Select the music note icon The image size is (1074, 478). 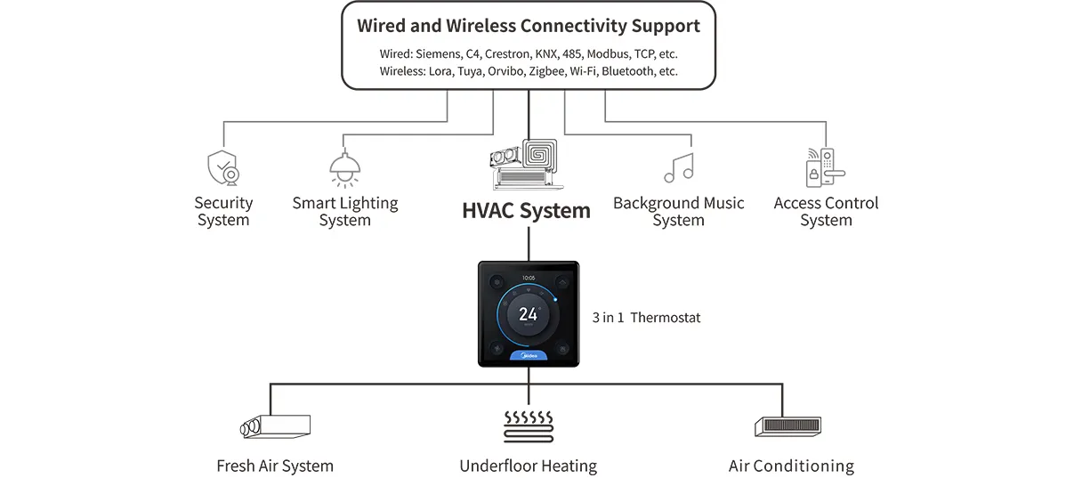tap(678, 167)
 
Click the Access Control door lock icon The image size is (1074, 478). tap(824, 167)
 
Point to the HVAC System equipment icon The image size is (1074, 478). tap(528, 164)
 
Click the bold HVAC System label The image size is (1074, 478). tap(526, 211)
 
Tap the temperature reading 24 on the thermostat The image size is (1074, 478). tap(529, 314)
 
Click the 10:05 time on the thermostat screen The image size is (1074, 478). tap(529, 277)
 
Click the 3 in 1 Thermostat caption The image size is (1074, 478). tap(646, 317)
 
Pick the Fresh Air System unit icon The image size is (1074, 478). tap(275, 426)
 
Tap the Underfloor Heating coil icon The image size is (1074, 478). tap(529, 425)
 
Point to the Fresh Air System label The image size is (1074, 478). tap(275, 466)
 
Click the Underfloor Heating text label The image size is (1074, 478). tap(528, 466)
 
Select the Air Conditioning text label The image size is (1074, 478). tap(791, 466)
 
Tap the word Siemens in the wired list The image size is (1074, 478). tap(438, 53)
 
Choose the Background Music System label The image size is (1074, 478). tap(678, 211)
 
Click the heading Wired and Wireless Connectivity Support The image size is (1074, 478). tap(529, 26)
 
